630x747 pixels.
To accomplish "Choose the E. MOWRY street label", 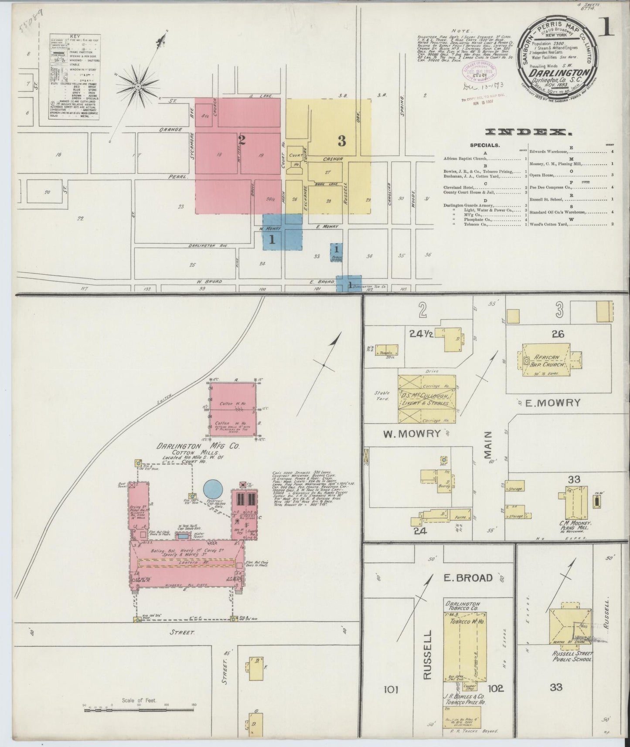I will pos(552,403).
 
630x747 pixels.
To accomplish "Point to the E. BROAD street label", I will pos(468,578).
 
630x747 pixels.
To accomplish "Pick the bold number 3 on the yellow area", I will pos(341,141).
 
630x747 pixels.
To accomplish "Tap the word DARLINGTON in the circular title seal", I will pos(558,72).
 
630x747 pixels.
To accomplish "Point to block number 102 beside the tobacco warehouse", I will pos(496,688).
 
